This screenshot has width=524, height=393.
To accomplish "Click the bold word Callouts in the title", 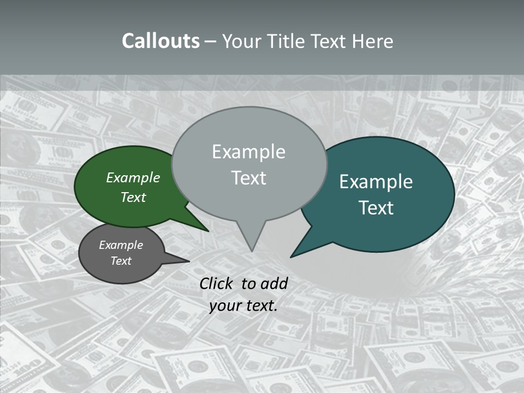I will pyautogui.click(x=160, y=41).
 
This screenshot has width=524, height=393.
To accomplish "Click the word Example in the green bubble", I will pyautogui.click(x=133, y=177).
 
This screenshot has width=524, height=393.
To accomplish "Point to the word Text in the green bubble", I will pyautogui.click(x=133, y=197).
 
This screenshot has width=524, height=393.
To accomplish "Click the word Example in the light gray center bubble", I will pyautogui.click(x=248, y=152).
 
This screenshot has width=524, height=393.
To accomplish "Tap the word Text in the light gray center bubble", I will pyautogui.click(x=248, y=178).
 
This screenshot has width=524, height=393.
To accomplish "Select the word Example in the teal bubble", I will pyautogui.click(x=376, y=182).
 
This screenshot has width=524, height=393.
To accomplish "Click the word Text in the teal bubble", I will pyautogui.click(x=376, y=208).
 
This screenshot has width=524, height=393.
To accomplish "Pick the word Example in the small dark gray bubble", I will pyautogui.click(x=121, y=245).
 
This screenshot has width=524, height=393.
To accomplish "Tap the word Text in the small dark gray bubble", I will pyautogui.click(x=121, y=261).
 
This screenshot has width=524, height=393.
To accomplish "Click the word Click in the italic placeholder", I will pyautogui.click(x=217, y=283).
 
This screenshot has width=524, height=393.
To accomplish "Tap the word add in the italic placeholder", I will pyautogui.click(x=274, y=283).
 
